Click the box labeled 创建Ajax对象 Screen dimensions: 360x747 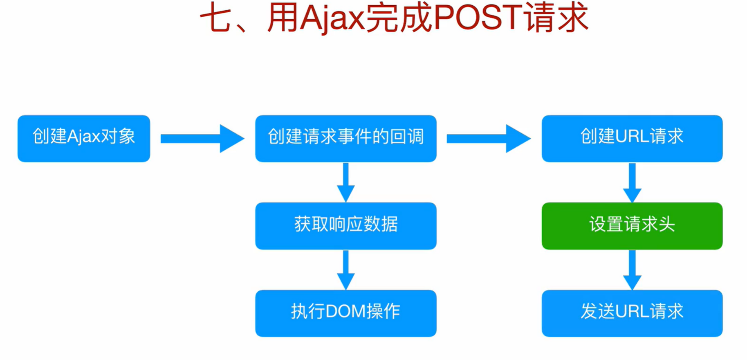point(84,138)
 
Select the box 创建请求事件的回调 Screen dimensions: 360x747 point(345,138)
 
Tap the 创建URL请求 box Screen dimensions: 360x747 point(632,138)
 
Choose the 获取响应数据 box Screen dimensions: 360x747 point(345,226)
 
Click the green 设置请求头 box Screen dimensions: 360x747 point(632,226)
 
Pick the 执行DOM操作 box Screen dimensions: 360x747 point(345,313)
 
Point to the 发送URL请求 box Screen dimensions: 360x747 point(632,313)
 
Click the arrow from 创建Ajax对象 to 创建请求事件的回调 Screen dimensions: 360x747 point(202,139)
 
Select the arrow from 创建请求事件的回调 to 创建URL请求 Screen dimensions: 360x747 point(488,139)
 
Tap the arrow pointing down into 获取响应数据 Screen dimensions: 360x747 point(346,182)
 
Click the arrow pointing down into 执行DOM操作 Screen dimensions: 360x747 point(346,270)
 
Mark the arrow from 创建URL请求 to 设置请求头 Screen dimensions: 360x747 point(632,182)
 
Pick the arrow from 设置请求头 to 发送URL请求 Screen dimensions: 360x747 point(632,270)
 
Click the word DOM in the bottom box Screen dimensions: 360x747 point(345,312)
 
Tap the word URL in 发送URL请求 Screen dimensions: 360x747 point(632,312)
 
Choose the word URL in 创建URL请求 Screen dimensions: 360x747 point(632,137)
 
